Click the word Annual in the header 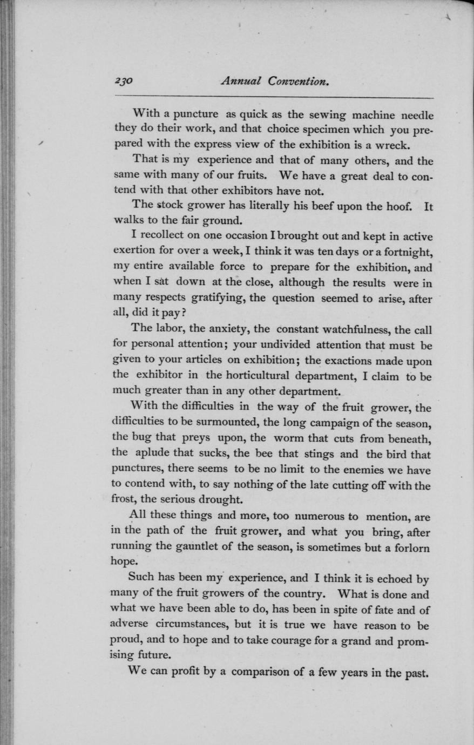pos(241,82)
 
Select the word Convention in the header pos(299,82)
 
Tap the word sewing pos(326,115)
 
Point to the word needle pos(414,115)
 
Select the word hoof pos(400,206)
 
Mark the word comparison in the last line pos(261,673)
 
